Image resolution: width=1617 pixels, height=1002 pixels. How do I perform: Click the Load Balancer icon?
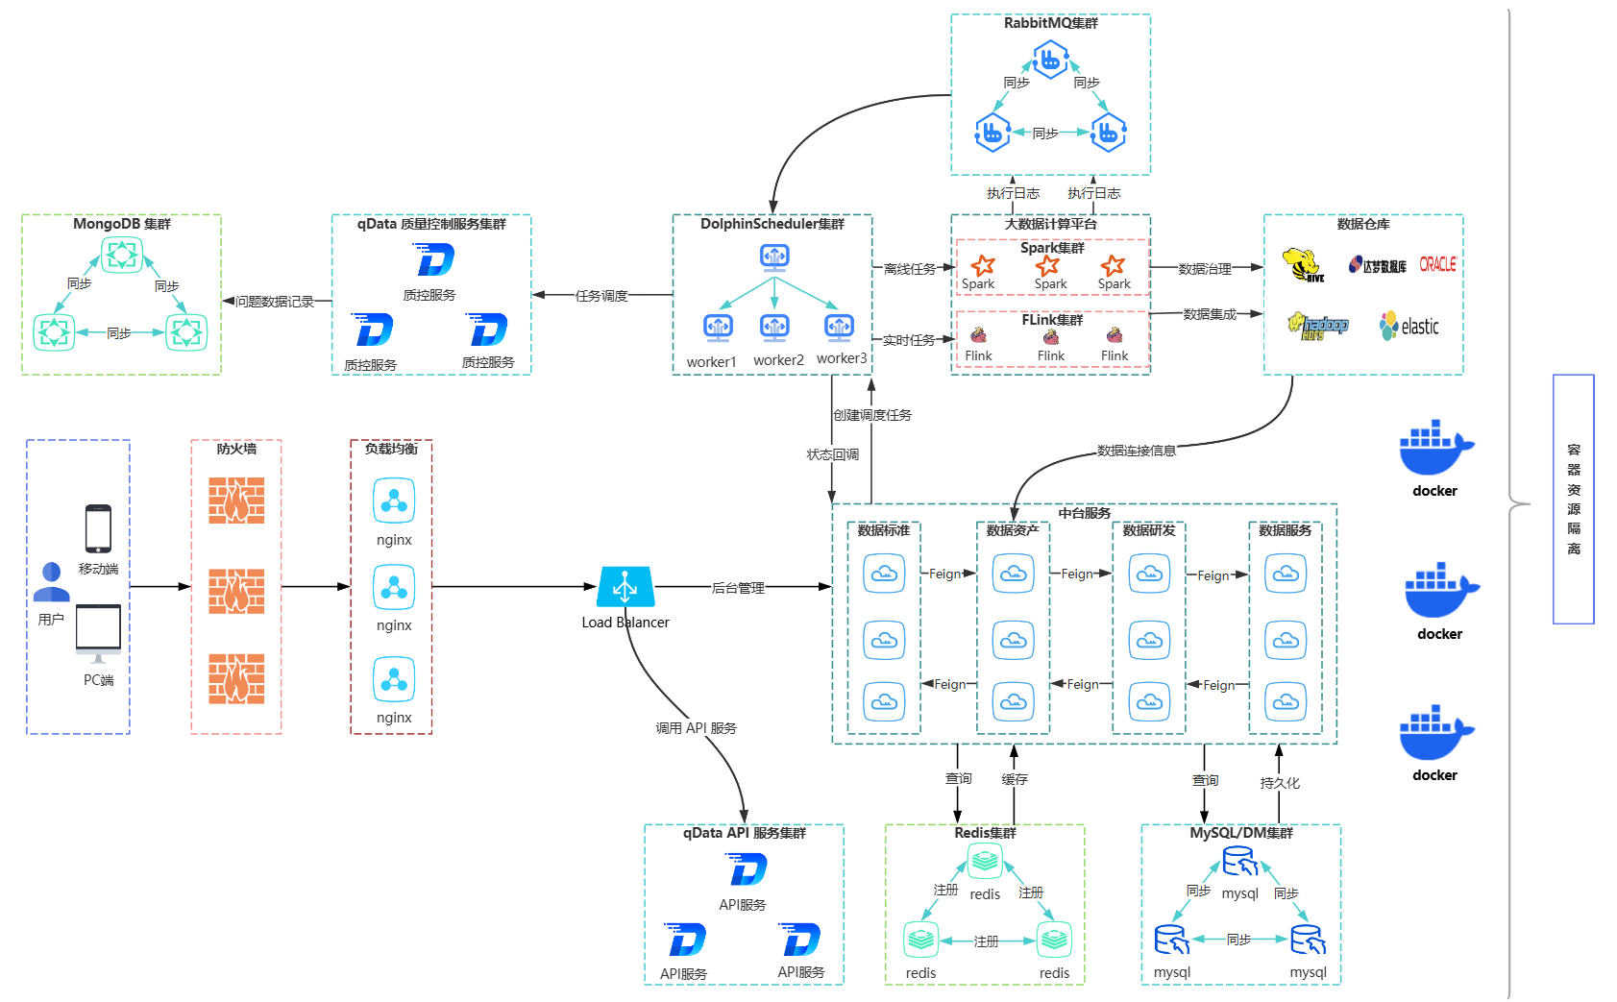(625, 586)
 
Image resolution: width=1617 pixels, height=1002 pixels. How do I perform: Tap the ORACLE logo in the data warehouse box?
(1437, 264)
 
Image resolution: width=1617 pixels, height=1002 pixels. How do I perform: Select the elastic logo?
(1409, 327)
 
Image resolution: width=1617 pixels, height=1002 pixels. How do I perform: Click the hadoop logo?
(1318, 327)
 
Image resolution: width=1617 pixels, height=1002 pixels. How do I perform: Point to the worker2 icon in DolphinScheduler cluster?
(775, 329)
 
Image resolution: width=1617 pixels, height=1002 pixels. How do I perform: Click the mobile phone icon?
(98, 528)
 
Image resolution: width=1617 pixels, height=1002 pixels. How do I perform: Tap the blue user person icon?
(52, 582)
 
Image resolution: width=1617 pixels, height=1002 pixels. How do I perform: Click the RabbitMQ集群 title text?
(1050, 23)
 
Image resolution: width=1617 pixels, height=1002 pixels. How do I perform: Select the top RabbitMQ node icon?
(1050, 61)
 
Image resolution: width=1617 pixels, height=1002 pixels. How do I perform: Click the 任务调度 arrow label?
(601, 296)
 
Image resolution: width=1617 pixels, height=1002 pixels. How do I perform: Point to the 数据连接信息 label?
(1136, 451)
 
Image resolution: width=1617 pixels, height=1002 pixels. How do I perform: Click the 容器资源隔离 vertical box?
(1573, 499)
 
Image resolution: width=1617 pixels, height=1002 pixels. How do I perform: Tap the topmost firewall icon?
(236, 501)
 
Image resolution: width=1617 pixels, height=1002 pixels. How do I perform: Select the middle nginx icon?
(394, 588)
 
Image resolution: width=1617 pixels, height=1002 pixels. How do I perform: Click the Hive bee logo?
(1303, 265)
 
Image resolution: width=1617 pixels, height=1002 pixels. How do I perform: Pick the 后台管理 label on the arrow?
(738, 588)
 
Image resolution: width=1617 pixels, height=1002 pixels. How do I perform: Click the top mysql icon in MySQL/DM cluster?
(1240, 862)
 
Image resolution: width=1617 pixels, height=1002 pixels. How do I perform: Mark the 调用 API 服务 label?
(696, 728)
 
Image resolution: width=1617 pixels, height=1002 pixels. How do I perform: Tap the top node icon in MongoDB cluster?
(122, 255)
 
